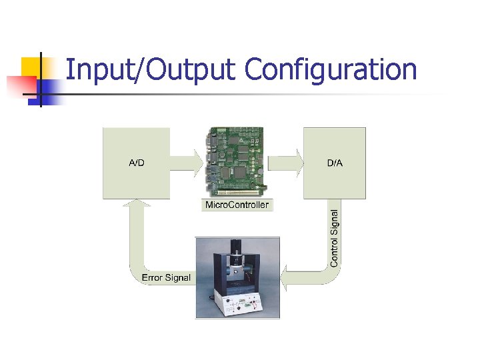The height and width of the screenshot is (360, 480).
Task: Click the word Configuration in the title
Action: click(x=331, y=70)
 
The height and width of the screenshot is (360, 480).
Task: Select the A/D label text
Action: click(x=136, y=163)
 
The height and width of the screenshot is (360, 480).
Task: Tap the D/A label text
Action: click(x=335, y=163)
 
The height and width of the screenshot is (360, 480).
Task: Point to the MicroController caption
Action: click(x=237, y=205)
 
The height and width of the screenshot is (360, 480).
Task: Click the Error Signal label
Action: click(x=166, y=277)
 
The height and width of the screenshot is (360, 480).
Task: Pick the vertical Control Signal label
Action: click(x=335, y=237)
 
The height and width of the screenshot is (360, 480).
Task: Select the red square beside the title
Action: click(x=19, y=85)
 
